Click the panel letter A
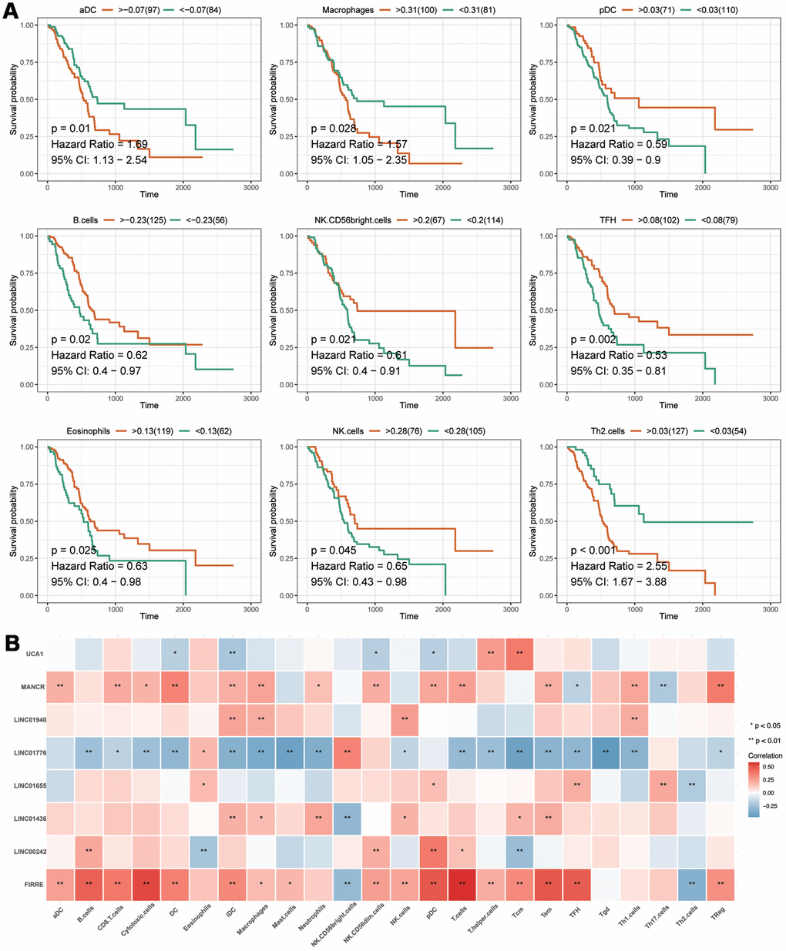point(13,15)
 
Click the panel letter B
point(13,641)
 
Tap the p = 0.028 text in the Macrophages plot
point(334,129)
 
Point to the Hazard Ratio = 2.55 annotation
point(618,566)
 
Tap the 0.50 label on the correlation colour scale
point(768,767)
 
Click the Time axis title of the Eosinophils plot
point(149,616)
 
